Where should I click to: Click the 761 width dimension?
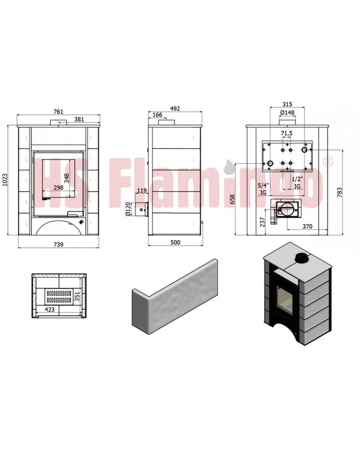coord(58,112)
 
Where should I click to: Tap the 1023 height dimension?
coord(4,180)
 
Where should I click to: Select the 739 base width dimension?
coord(58,245)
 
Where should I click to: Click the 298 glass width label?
coord(58,188)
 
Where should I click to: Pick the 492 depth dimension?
coord(175,109)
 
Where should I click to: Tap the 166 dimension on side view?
coord(157,115)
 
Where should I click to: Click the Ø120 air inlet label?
coord(128,209)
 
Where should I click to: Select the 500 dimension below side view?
coord(175,242)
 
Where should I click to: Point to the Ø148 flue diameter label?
coord(287,113)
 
